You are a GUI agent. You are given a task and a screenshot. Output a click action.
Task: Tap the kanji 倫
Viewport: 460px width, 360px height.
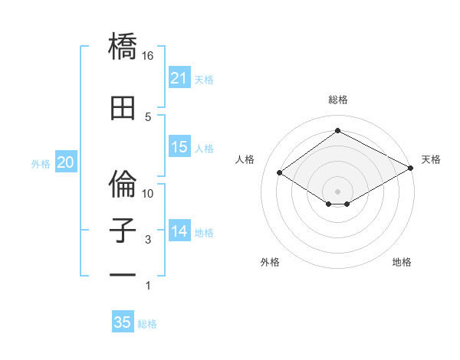click(x=123, y=183)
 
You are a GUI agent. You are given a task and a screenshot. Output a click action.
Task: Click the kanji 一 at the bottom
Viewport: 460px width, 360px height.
click(x=123, y=273)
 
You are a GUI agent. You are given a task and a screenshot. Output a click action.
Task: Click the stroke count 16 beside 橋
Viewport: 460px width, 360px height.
click(x=148, y=56)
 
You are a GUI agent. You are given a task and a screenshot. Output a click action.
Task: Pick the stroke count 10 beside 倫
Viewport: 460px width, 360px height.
click(x=148, y=193)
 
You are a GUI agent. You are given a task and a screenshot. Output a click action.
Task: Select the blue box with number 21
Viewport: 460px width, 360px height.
click(x=179, y=78)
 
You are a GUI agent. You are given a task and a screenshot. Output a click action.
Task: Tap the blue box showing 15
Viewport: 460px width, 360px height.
click(x=179, y=147)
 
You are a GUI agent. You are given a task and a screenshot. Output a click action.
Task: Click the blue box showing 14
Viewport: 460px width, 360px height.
click(x=179, y=231)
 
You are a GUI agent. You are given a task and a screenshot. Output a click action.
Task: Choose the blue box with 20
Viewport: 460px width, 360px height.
click(x=65, y=162)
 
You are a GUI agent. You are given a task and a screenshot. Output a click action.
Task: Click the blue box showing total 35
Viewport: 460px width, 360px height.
click(x=123, y=322)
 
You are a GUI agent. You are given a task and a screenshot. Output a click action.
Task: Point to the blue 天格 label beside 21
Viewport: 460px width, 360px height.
click(x=204, y=79)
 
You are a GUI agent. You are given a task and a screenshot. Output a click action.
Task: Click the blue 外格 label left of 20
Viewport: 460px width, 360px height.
click(x=41, y=163)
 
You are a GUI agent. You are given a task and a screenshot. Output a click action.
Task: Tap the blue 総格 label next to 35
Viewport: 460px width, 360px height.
click(x=147, y=323)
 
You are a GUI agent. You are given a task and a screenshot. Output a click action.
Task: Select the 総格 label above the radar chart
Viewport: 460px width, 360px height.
click(x=337, y=100)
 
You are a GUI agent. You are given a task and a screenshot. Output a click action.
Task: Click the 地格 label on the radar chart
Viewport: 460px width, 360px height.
click(x=402, y=262)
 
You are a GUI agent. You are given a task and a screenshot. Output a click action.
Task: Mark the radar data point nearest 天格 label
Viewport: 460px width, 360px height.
click(x=412, y=169)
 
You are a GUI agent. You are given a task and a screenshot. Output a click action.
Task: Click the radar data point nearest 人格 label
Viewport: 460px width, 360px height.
click(x=280, y=173)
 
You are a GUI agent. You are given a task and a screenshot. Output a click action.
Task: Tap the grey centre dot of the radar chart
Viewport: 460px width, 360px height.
click(x=337, y=190)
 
